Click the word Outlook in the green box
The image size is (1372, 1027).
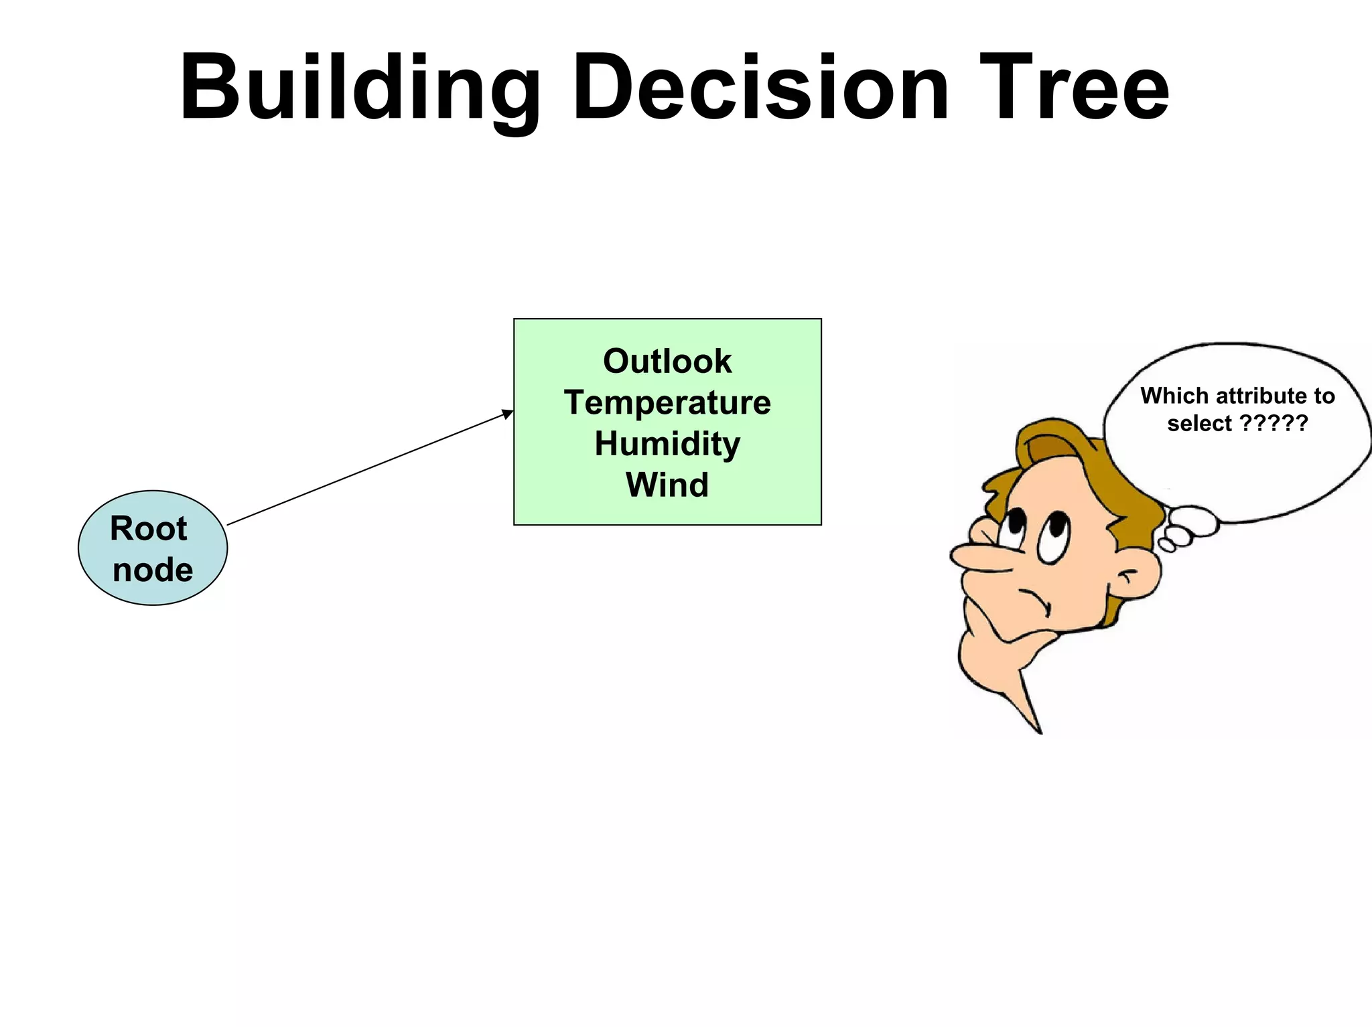(667, 362)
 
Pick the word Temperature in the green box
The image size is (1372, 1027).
(667, 403)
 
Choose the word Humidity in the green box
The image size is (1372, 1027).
(667, 444)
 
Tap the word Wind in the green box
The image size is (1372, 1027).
(667, 485)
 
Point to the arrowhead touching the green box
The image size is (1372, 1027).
(508, 414)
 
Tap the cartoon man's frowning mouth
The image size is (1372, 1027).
(1035, 599)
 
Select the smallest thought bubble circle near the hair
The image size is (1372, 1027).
(1166, 546)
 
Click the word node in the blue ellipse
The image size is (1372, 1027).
(153, 570)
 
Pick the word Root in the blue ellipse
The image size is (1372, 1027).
(148, 529)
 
